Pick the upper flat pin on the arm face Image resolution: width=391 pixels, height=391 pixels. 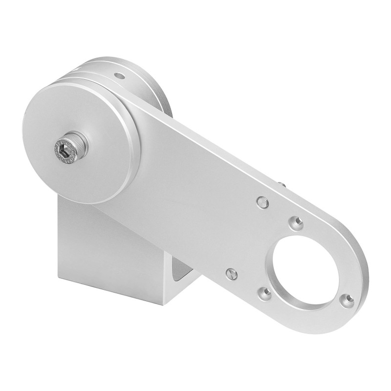[262, 201]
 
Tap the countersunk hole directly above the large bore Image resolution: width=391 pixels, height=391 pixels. [295, 223]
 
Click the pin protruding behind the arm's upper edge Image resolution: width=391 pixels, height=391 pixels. [283, 185]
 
